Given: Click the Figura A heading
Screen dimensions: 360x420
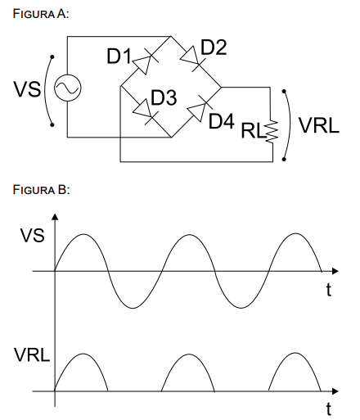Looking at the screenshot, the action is [x=41, y=14].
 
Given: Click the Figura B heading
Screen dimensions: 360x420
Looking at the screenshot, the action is [x=41, y=190].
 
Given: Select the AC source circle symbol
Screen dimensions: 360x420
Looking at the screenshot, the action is [x=67, y=88].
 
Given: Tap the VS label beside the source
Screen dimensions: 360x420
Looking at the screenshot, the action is [x=27, y=89].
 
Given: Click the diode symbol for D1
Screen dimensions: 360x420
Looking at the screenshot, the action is [x=146, y=61].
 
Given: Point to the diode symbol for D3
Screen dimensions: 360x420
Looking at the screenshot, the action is [x=146, y=111].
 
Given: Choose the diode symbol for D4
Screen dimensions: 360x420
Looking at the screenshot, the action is [x=200, y=108].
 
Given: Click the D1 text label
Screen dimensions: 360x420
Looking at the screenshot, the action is [x=119, y=56].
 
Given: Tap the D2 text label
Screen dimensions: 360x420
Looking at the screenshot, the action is [x=214, y=47].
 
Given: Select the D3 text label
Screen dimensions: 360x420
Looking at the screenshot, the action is [x=164, y=97].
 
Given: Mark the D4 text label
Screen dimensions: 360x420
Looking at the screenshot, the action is [x=221, y=121].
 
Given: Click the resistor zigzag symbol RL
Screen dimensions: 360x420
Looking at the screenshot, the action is [x=272, y=131].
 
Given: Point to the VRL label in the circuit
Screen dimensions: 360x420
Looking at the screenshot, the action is [x=318, y=125].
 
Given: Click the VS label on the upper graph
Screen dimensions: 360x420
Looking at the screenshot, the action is [x=32, y=236].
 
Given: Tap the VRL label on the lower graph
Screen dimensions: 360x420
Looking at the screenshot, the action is [x=32, y=355].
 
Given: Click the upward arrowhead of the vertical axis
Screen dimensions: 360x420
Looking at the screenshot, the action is [x=55, y=217].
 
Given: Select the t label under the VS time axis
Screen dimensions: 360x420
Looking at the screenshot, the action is [x=329, y=290].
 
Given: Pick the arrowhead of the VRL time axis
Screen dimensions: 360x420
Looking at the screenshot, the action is [x=335, y=391].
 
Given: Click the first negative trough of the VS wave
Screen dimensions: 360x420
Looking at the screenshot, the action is [x=133, y=308].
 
